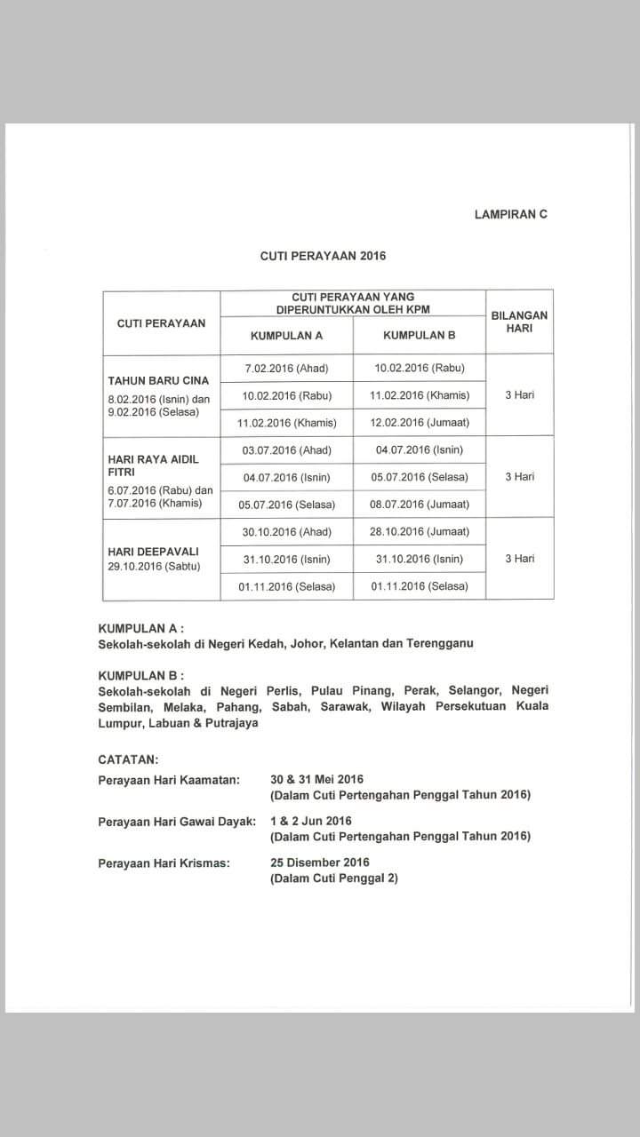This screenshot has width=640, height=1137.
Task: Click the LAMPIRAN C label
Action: click(511, 214)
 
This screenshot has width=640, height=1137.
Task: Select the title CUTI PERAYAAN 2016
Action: click(324, 256)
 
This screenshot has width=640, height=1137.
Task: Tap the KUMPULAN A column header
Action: click(286, 336)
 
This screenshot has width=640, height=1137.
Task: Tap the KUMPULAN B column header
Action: click(419, 336)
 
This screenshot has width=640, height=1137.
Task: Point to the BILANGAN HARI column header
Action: click(519, 322)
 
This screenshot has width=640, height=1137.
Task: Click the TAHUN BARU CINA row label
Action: click(158, 381)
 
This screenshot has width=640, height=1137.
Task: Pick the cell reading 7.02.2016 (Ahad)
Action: click(286, 368)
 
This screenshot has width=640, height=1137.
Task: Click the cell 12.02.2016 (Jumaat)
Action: click(420, 422)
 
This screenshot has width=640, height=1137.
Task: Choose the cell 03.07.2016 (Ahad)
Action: click(286, 449)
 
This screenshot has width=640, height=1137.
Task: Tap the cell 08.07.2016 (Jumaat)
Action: click(420, 505)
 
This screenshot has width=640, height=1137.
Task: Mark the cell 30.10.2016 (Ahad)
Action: click(286, 532)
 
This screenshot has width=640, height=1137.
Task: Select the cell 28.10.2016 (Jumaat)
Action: click(420, 532)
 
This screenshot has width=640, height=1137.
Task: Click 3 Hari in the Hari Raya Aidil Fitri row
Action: click(519, 477)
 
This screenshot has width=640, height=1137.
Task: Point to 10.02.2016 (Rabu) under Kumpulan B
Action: click(420, 368)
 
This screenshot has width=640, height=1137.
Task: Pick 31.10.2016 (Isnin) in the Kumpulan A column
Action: click(286, 560)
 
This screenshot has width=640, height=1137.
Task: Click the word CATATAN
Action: click(129, 760)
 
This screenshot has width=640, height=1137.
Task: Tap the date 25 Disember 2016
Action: click(320, 863)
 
